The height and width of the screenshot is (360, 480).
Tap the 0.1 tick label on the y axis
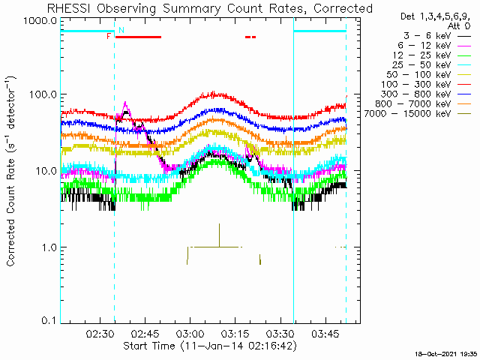pyautogui.click(x=49, y=321)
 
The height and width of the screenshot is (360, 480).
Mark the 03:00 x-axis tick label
pyautogui.click(x=189, y=333)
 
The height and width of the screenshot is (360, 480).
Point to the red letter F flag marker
pyautogui.click(x=109, y=35)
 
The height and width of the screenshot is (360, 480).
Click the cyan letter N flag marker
pyautogui.click(x=121, y=30)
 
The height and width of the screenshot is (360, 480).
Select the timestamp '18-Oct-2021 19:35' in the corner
pyautogui.click(x=447, y=352)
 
